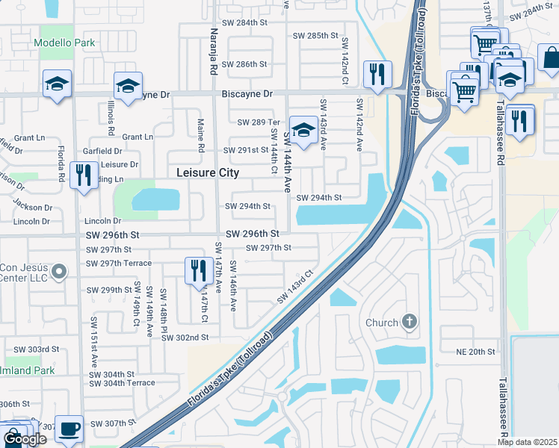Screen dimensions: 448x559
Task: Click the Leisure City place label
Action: [x=208, y=172]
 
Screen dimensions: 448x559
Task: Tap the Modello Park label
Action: [x=64, y=43]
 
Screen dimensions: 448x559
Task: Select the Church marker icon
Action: [x=408, y=322]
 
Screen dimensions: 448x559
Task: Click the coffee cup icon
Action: [x=70, y=428]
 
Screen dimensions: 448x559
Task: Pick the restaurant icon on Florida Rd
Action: [x=82, y=175]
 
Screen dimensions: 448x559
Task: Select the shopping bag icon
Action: [x=549, y=59]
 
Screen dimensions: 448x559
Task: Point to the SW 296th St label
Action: [x=252, y=234]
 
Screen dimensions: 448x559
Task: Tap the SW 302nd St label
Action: [x=185, y=337]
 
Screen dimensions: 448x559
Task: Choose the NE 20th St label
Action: [x=476, y=351]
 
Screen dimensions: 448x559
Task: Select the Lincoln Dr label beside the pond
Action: [x=102, y=221]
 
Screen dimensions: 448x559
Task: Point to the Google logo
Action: [x=25, y=440]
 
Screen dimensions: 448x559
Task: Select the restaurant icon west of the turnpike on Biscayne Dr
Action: [x=375, y=74]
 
